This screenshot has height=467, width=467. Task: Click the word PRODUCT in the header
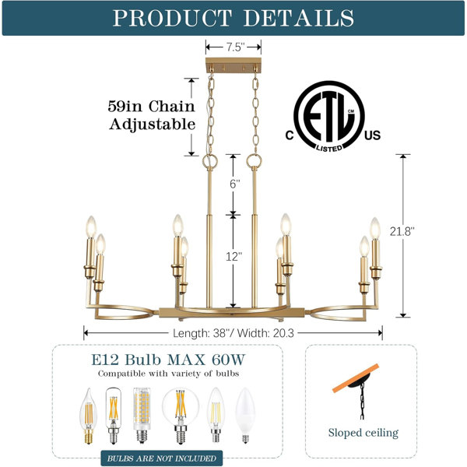click(172, 18)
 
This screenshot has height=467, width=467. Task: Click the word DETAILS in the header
click(299, 18)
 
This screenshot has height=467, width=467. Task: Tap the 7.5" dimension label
click(235, 47)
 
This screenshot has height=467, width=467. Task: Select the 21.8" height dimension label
click(402, 231)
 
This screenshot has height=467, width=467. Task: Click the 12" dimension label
click(233, 256)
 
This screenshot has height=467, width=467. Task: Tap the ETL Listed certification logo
click(332, 117)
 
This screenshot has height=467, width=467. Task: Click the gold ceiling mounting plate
click(233, 65)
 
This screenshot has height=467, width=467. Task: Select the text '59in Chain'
click(151, 107)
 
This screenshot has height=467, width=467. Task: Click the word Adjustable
click(153, 125)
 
